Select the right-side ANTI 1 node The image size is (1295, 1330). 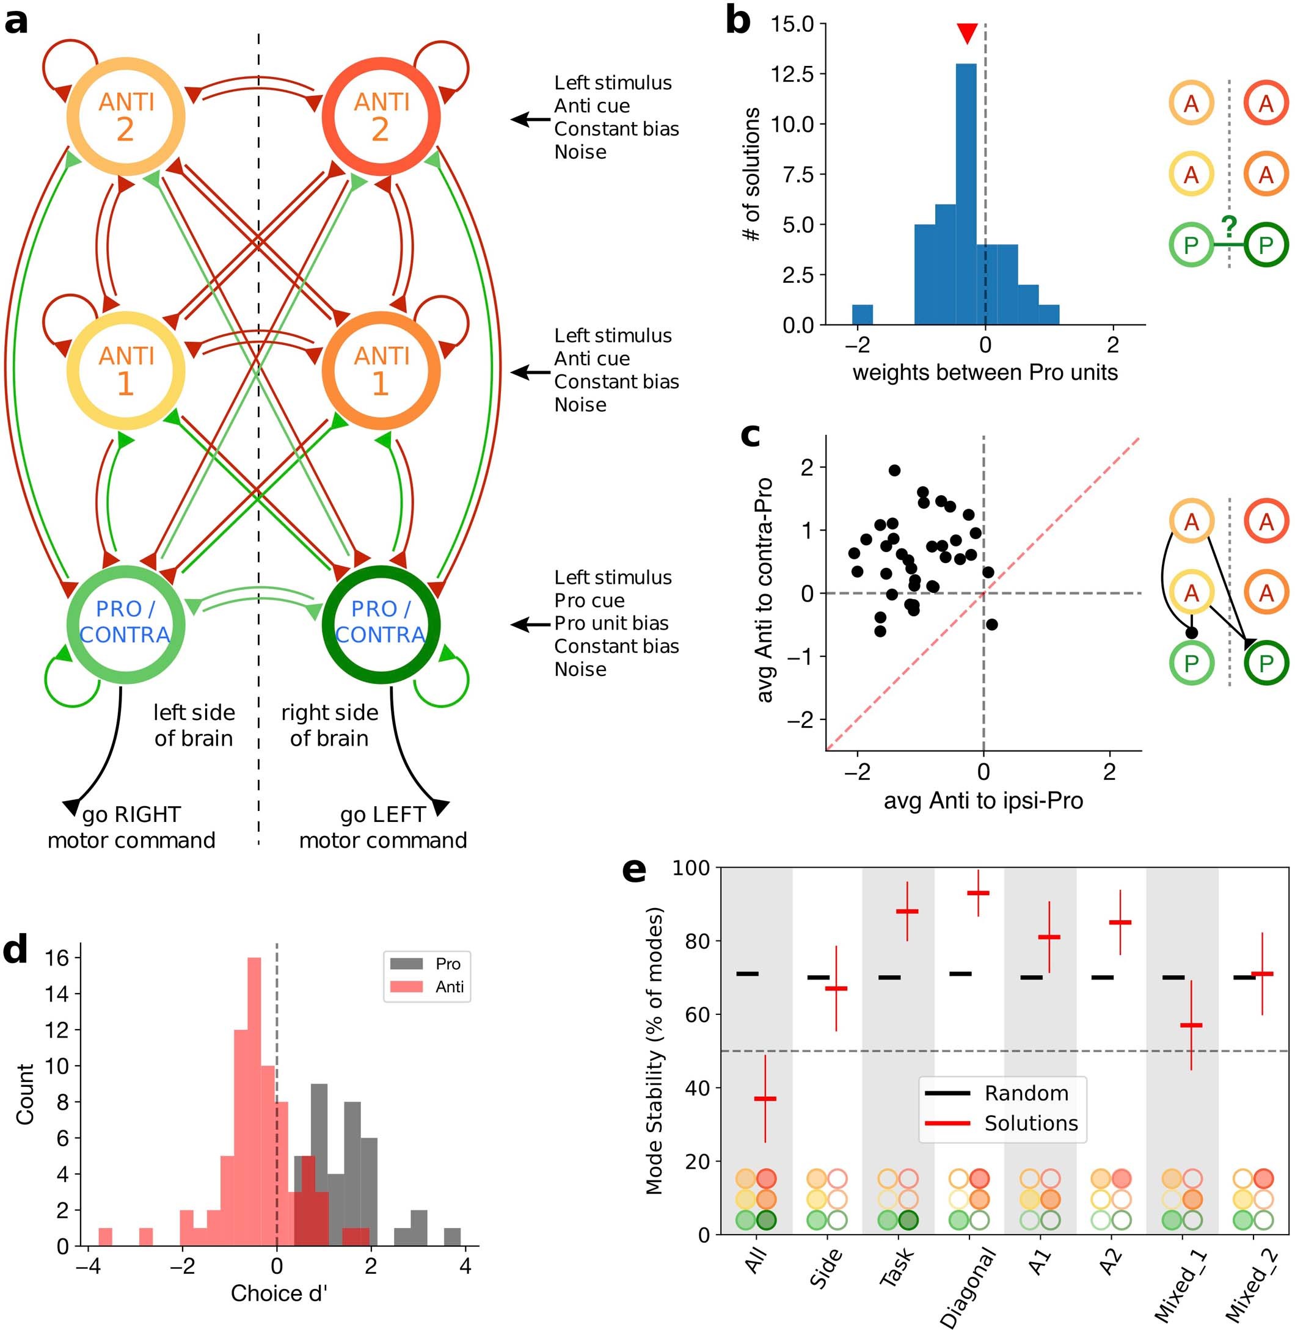(381, 371)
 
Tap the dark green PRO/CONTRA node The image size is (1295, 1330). (381, 623)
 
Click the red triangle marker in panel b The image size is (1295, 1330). (966, 32)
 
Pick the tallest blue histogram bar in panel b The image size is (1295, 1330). (966, 194)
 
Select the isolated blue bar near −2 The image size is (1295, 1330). (862, 314)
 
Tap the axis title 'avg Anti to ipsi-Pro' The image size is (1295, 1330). (983, 801)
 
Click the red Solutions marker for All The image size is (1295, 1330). (765, 1098)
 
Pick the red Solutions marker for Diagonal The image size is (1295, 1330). (978, 893)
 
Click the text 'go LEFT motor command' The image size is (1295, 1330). (383, 827)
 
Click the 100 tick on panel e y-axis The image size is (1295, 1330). (690, 868)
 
